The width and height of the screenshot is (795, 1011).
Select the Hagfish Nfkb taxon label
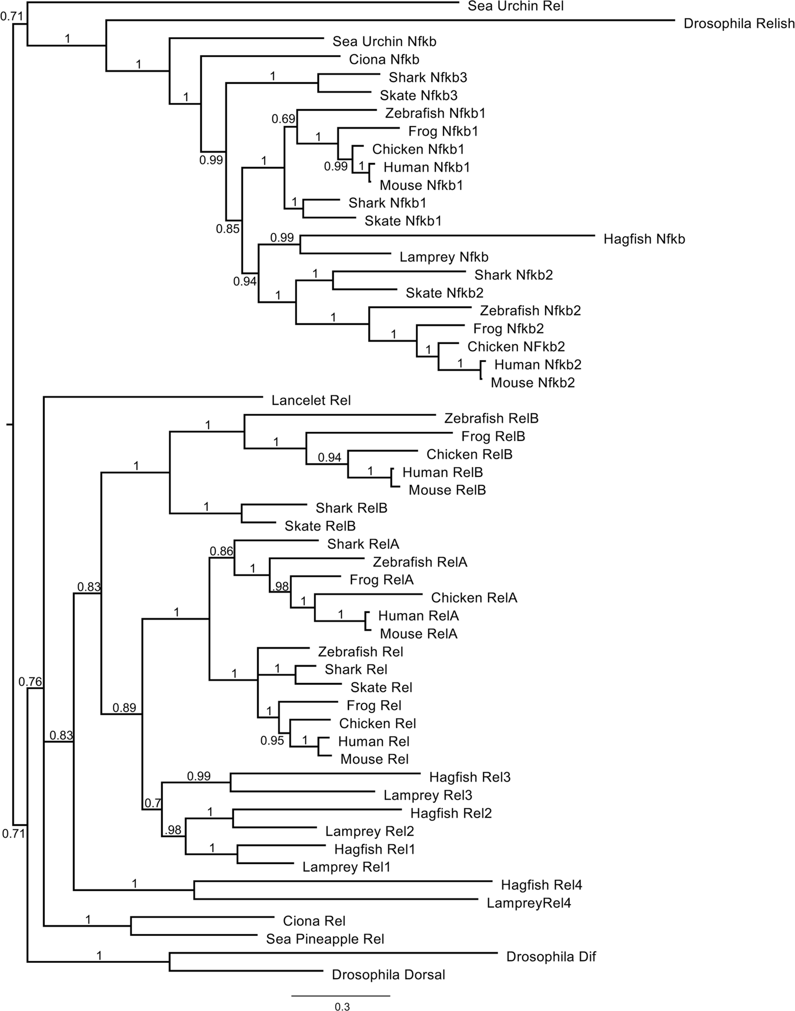(x=644, y=239)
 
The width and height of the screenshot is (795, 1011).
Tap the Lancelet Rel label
(x=311, y=401)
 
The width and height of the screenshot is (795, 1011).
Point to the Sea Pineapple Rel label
(x=325, y=939)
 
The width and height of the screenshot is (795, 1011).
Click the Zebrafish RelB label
(x=491, y=419)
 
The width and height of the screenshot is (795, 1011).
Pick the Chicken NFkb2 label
(x=516, y=347)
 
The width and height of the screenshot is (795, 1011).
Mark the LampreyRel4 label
(x=529, y=903)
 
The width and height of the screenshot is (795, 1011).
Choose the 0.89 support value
(x=124, y=708)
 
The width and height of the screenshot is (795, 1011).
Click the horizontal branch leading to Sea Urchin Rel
(x=242, y=2)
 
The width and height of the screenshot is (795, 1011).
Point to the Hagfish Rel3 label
(x=470, y=777)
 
